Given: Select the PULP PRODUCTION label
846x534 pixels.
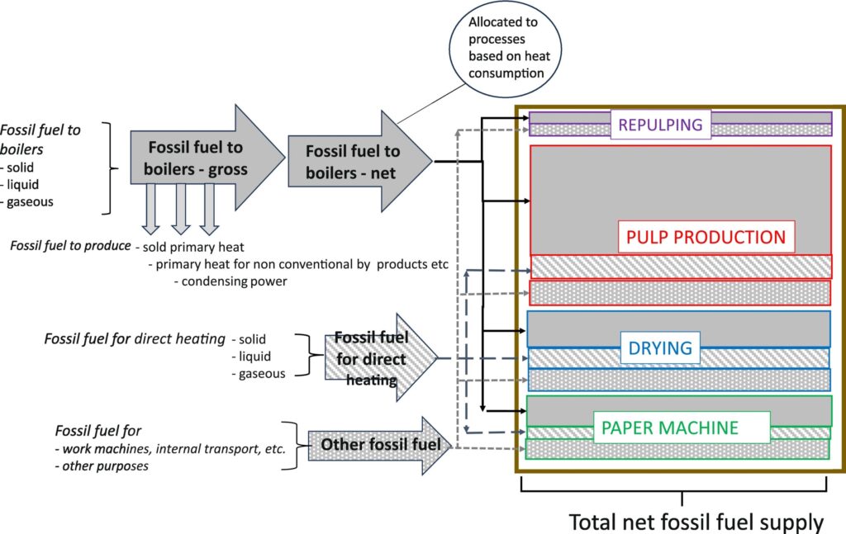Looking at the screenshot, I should click(x=706, y=237).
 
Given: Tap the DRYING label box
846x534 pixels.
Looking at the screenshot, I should click(x=660, y=347).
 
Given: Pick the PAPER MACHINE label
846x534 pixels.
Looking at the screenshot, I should click(x=682, y=428).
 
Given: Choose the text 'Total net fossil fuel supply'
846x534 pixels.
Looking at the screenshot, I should click(x=696, y=522).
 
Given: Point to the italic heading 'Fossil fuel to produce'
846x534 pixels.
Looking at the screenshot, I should click(x=70, y=246).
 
